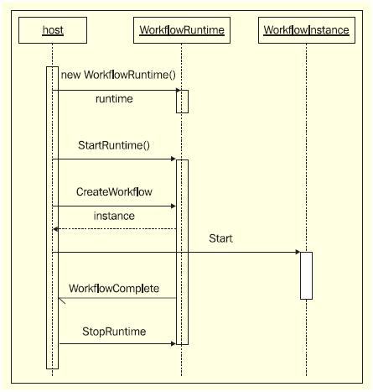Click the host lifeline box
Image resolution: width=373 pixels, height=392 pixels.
52,31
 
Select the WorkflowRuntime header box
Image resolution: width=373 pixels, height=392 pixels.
182,31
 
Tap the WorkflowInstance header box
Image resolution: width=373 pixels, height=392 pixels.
306,31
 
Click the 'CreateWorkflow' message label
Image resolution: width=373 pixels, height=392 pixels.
114,191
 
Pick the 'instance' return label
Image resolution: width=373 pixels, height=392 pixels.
114,216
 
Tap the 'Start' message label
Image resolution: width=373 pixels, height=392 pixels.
221,238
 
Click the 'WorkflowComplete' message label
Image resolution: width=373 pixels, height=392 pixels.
114,288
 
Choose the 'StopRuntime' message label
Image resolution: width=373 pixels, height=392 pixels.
114,332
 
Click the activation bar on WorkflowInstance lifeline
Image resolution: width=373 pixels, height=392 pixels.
306,275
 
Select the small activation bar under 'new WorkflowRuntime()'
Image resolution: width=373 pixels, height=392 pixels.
182,101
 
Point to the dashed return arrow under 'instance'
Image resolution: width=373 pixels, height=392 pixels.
114,228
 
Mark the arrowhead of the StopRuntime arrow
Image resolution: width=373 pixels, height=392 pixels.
172,343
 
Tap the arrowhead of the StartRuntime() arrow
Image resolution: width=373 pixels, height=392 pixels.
172,159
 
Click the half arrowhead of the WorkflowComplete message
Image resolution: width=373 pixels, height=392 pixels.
62,301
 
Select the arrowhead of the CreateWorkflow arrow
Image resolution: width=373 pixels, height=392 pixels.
172,206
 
